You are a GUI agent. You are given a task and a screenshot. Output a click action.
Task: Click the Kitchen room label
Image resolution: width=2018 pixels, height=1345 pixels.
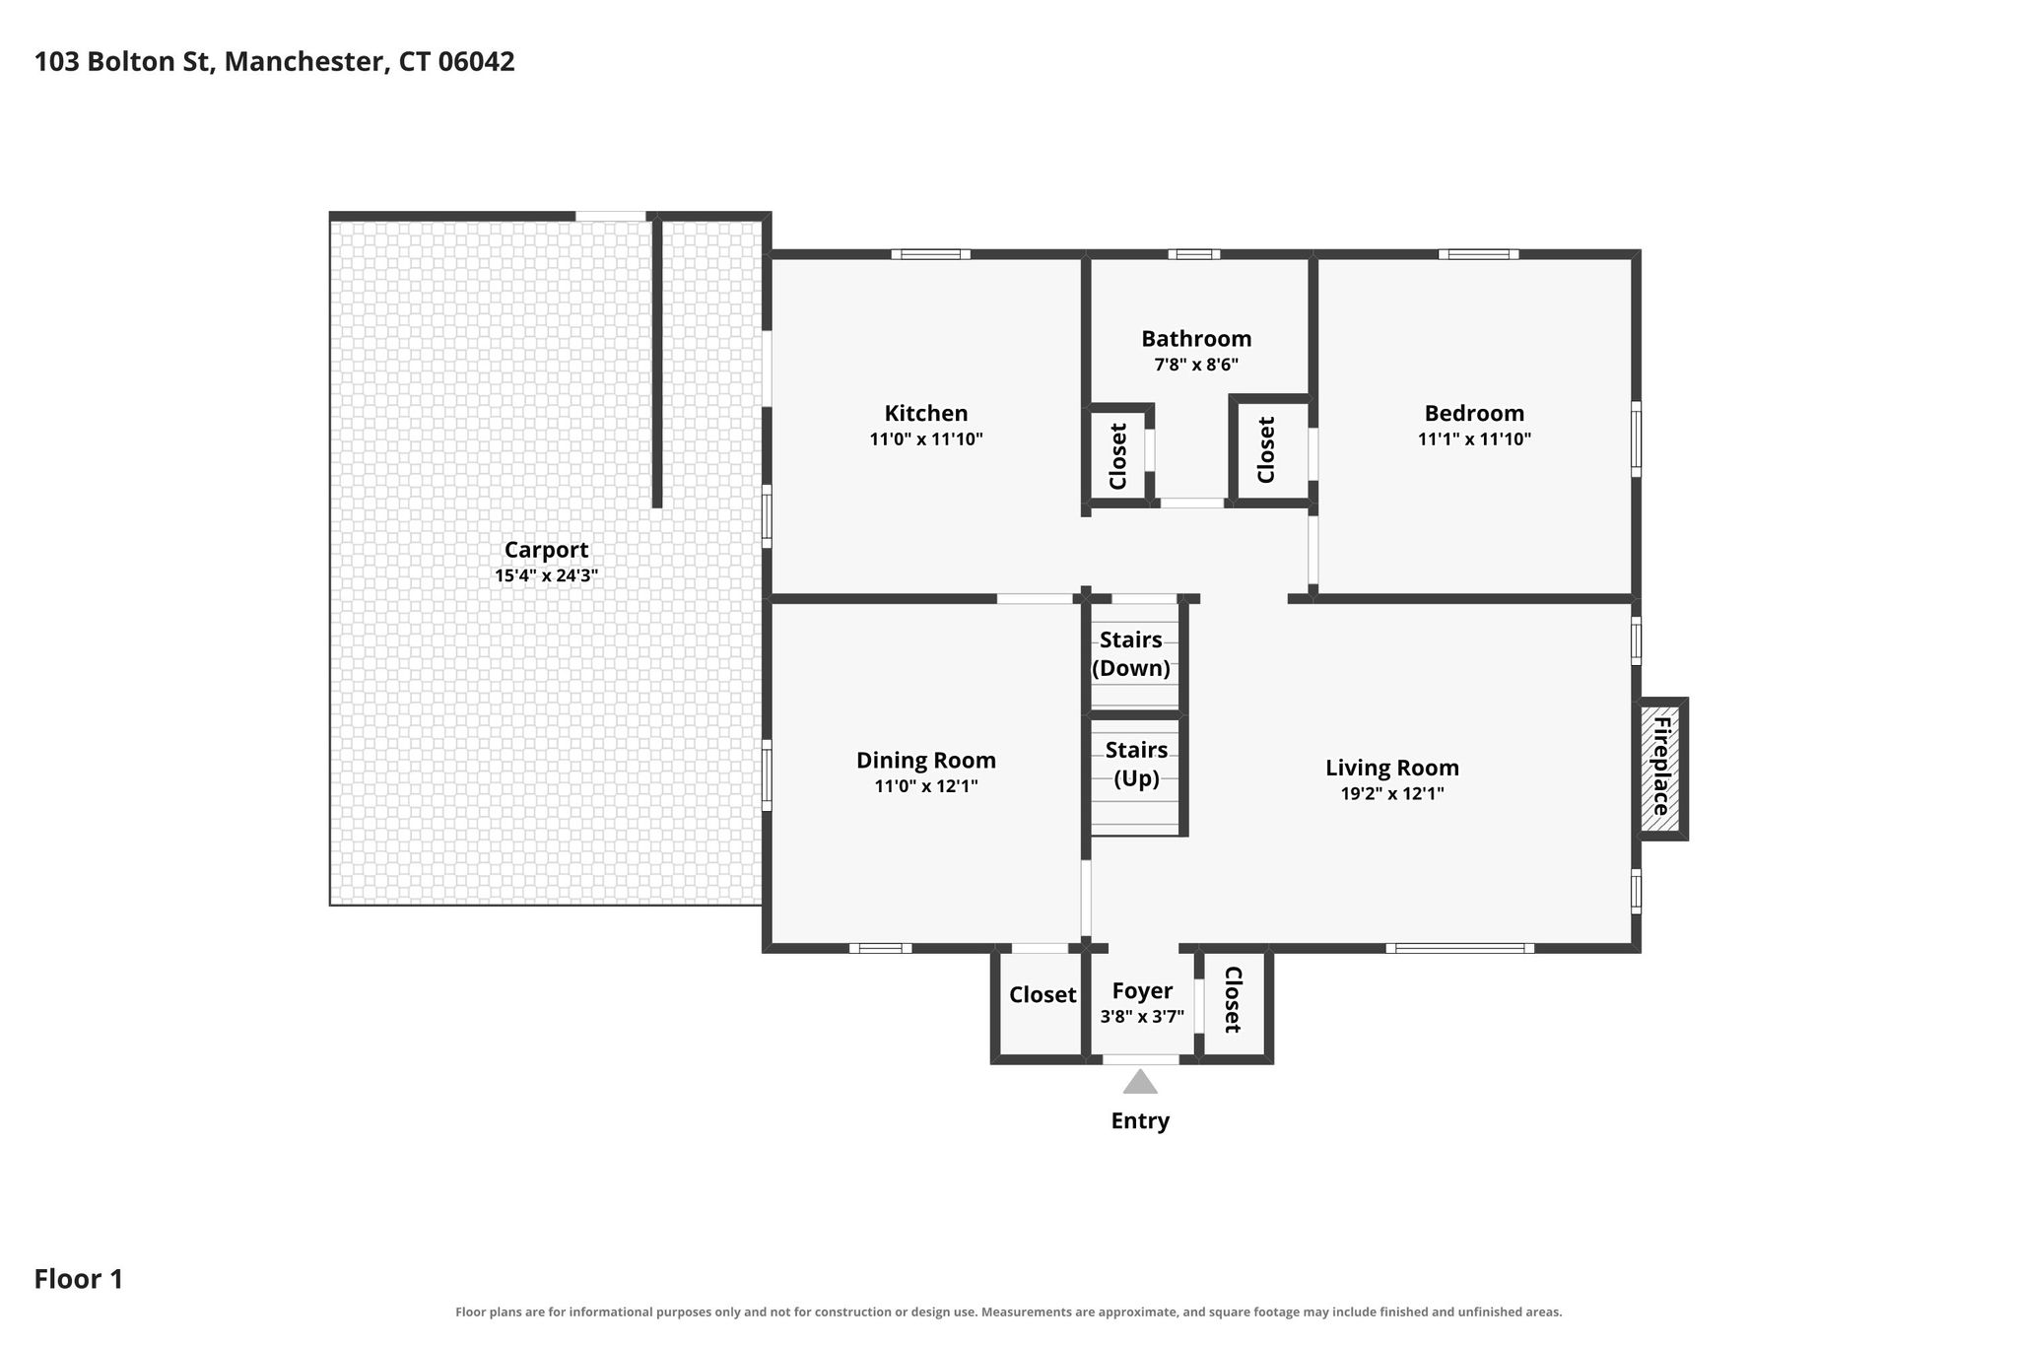(925, 414)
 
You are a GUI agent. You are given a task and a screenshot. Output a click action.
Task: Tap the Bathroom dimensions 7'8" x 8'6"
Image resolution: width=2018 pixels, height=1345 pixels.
(1196, 365)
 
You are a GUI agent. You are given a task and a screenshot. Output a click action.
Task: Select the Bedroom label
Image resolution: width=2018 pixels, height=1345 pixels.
(1474, 414)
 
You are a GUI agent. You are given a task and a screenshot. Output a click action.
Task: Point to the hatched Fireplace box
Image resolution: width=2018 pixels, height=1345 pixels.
(1660, 769)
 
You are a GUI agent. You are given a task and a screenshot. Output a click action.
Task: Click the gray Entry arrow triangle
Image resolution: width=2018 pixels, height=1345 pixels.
(1140, 1082)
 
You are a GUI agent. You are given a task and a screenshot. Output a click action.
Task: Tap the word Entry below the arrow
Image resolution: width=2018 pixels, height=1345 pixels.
(1140, 1121)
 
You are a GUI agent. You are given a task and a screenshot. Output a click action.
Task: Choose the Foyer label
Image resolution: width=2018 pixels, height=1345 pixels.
(1142, 991)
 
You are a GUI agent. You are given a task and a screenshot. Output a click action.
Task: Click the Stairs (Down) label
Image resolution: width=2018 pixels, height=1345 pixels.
(1131, 654)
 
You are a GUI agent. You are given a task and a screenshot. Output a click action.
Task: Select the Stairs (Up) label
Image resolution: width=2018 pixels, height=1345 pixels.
(1136, 764)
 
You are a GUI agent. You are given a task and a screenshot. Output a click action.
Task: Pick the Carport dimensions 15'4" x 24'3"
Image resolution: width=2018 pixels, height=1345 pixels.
(546, 575)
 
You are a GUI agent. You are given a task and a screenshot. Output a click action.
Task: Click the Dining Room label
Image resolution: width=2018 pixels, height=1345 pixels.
(925, 761)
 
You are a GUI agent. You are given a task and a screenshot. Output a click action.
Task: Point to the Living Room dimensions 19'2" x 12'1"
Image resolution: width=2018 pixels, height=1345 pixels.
(1392, 793)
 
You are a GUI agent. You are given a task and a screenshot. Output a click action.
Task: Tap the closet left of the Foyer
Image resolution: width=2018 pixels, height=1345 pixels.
(1042, 1003)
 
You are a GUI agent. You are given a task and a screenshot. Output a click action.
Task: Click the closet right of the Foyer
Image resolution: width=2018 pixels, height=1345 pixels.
(1234, 1003)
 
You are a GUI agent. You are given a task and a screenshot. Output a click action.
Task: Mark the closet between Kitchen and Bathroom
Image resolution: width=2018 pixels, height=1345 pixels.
(1117, 455)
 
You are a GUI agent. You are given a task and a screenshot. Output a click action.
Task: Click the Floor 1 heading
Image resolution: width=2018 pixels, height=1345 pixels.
(79, 1279)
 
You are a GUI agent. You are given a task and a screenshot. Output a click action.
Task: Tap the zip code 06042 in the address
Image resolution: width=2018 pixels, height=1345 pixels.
(476, 62)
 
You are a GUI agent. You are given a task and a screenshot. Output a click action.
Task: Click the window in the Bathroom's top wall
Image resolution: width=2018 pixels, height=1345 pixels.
(1194, 254)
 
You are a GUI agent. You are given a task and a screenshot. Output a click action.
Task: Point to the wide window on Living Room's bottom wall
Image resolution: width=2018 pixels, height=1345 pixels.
(1460, 948)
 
